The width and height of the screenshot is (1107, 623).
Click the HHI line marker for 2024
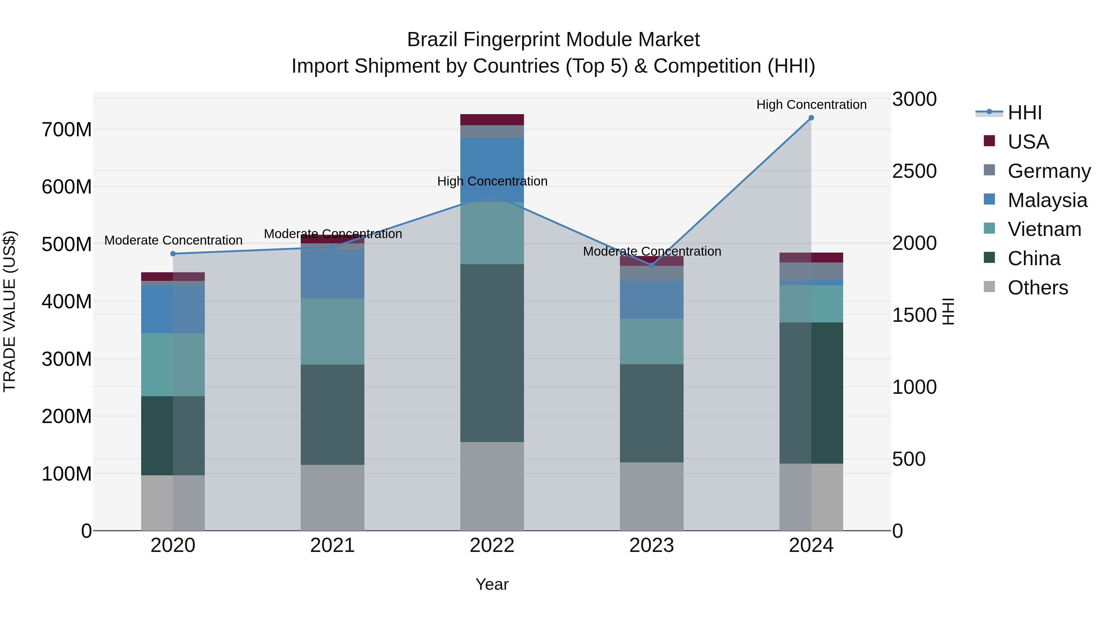[811, 118]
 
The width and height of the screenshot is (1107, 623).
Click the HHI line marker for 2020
[173, 254]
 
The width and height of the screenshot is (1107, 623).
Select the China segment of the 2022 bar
[492, 353]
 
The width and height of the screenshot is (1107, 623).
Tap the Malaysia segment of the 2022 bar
[492, 163]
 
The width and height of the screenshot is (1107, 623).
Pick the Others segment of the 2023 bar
[652, 497]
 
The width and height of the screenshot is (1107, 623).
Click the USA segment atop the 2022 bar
[492, 120]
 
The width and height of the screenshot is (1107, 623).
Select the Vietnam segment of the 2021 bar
[333, 331]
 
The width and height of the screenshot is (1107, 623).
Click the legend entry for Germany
[1049, 171]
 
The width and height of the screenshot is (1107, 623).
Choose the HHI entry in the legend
[1025, 113]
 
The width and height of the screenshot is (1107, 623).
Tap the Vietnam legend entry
[1044, 229]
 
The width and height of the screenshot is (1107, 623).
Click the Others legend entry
[1038, 288]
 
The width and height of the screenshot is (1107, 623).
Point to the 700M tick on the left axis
[67, 130]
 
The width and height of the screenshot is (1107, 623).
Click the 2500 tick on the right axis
[915, 171]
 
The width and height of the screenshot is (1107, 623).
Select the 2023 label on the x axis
[652, 545]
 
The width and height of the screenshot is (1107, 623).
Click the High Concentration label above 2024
[811, 105]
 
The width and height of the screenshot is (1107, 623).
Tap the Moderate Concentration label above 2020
[173, 240]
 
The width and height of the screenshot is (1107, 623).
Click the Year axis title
[492, 584]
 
